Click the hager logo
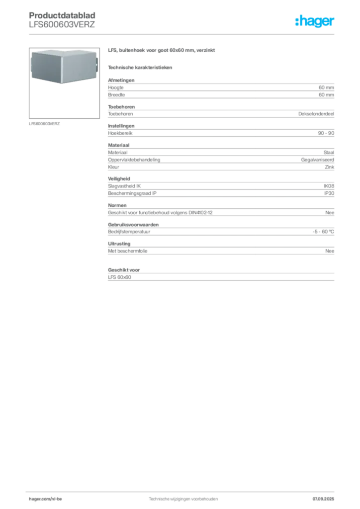[314, 21]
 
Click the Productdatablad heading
[62, 15]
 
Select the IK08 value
[329, 186]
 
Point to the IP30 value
[329, 193]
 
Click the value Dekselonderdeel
[316, 114]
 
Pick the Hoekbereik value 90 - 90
[326, 133]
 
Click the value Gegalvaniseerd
[317, 160]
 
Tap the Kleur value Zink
[330, 167]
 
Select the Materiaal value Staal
[329, 152]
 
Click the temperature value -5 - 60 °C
[323, 232]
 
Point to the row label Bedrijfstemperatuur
[129, 232]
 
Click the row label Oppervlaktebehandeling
[134, 160]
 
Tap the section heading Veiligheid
[119, 178]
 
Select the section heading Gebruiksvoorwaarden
[133, 225]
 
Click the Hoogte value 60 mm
[326, 87]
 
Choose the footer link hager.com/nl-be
[45, 499]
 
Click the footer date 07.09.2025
[323, 499]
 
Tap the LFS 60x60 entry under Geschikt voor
[119, 277]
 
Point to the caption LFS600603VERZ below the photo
[44, 124]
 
